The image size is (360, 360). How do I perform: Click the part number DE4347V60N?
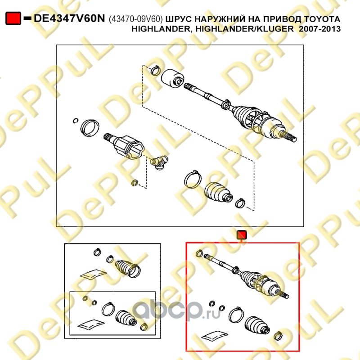(69, 18)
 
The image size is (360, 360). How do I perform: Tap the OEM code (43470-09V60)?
(135, 19)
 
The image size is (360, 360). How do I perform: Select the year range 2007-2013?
(320, 29)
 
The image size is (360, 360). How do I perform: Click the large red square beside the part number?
(13, 18)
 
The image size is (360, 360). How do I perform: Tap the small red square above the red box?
(242, 235)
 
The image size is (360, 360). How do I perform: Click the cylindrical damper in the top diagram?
(172, 78)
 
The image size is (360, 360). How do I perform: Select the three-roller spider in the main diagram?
(160, 162)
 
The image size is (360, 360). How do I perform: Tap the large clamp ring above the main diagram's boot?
(193, 180)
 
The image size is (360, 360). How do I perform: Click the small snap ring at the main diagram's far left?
(76, 120)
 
